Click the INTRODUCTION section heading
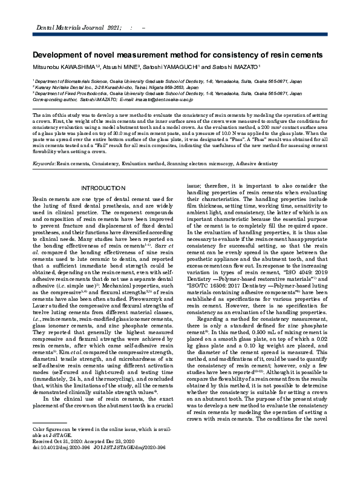click(103, 189)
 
